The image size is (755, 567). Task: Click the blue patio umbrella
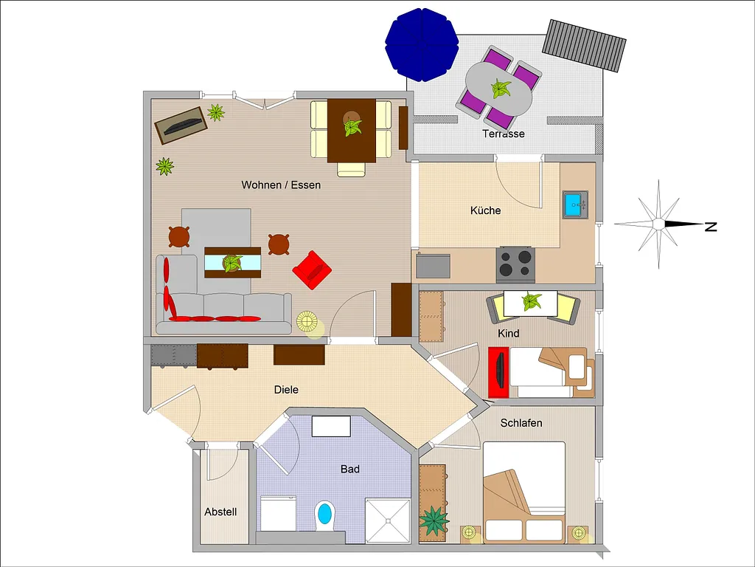click(422, 44)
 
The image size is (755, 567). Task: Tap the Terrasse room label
click(503, 134)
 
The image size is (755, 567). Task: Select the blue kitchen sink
click(575, 205)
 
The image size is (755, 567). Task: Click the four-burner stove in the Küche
click(515, 264)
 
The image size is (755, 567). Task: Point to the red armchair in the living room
click(312, 270)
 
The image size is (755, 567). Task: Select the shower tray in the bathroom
click(388, 520)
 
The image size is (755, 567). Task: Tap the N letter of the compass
click(711, 227)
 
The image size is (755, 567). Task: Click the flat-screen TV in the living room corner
click(181, 126)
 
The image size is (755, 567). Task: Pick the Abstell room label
click(220, 512)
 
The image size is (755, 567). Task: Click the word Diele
click(286, 390)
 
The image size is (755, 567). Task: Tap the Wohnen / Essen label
click(281, 185)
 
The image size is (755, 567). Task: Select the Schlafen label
click(521, 423)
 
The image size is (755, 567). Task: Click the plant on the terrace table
click(501, 89)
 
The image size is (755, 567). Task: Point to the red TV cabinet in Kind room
click(498, 372)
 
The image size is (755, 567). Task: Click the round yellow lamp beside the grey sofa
click(307, 322)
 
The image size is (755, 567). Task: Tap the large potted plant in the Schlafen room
click(434, 522)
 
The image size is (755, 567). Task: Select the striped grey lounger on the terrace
click(584, 46)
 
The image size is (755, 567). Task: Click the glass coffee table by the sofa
click(232, 262)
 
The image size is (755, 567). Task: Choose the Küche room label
click(485, 210)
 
